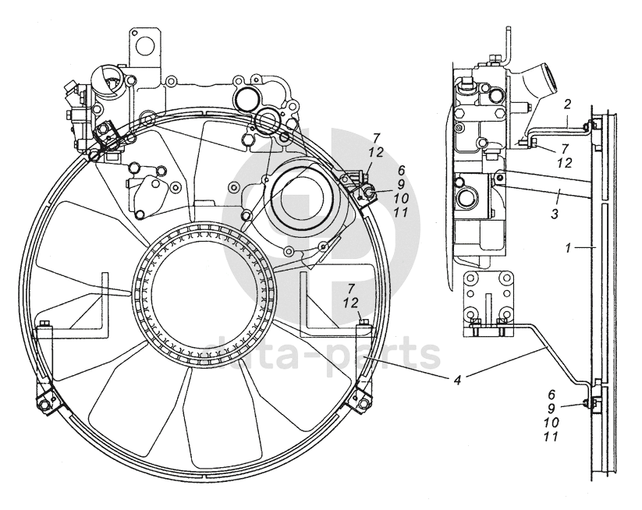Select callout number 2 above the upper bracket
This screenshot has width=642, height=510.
[568, 104]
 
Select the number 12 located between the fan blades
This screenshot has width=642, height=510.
[351, 302]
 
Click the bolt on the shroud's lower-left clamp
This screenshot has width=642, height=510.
[44, 402]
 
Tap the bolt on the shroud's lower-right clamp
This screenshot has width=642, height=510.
[361, 401]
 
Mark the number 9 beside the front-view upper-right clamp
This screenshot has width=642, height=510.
[402, 185]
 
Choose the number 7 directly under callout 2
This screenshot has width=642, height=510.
[566, 148]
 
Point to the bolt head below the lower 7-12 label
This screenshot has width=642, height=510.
[362, 321]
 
